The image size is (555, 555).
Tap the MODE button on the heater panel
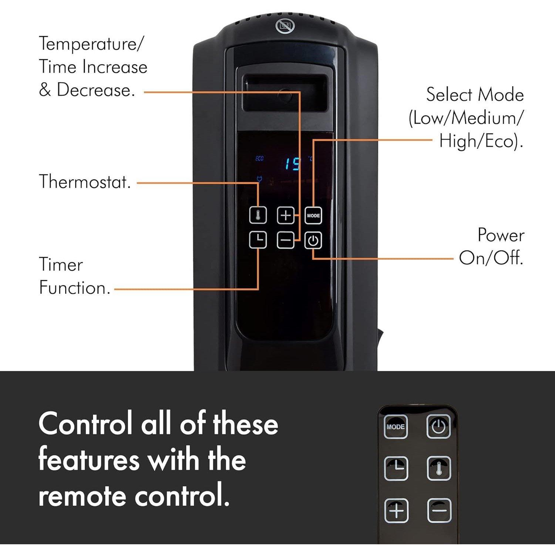point(313,216)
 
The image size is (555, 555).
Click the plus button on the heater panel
point(286,216)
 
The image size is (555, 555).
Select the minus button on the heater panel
point(286,240)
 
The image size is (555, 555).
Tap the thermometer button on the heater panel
point(258,216)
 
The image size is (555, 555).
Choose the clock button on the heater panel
point(258,240)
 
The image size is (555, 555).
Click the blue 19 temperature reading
point(292,164)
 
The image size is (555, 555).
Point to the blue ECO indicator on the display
point(259,159)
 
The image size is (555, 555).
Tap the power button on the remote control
point(438,427)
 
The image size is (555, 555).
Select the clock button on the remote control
point(396,468)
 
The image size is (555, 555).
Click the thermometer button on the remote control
point(439,468)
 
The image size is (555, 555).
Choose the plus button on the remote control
point(396,511)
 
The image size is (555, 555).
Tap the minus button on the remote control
point(439,511)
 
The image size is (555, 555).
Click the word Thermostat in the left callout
point(85,182)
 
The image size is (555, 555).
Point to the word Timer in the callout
point(61,265)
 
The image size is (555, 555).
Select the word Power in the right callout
point(501,235)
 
